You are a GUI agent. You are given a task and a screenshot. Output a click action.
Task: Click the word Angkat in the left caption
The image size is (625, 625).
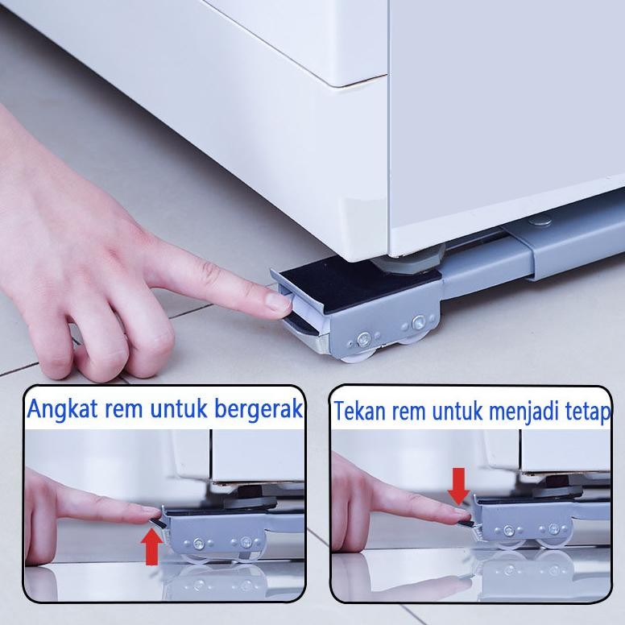click(x=58, y=409)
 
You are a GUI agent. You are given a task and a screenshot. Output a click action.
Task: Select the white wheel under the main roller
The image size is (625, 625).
click(x=358, y=351)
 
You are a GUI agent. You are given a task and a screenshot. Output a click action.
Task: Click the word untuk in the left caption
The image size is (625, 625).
click(x=172, y=409)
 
